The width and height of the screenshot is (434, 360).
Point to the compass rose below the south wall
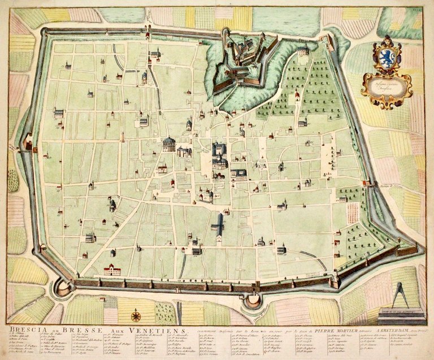point(136,316)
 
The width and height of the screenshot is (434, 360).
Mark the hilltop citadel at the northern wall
point(244,55)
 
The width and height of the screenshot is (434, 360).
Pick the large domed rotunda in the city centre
point(169,145)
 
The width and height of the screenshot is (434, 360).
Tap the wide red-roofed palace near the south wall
point(112,270)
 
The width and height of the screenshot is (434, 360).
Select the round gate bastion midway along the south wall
point(251,303)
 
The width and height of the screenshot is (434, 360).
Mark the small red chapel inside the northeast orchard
point(295,99)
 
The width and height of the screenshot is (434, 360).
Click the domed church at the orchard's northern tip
point(304,51)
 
